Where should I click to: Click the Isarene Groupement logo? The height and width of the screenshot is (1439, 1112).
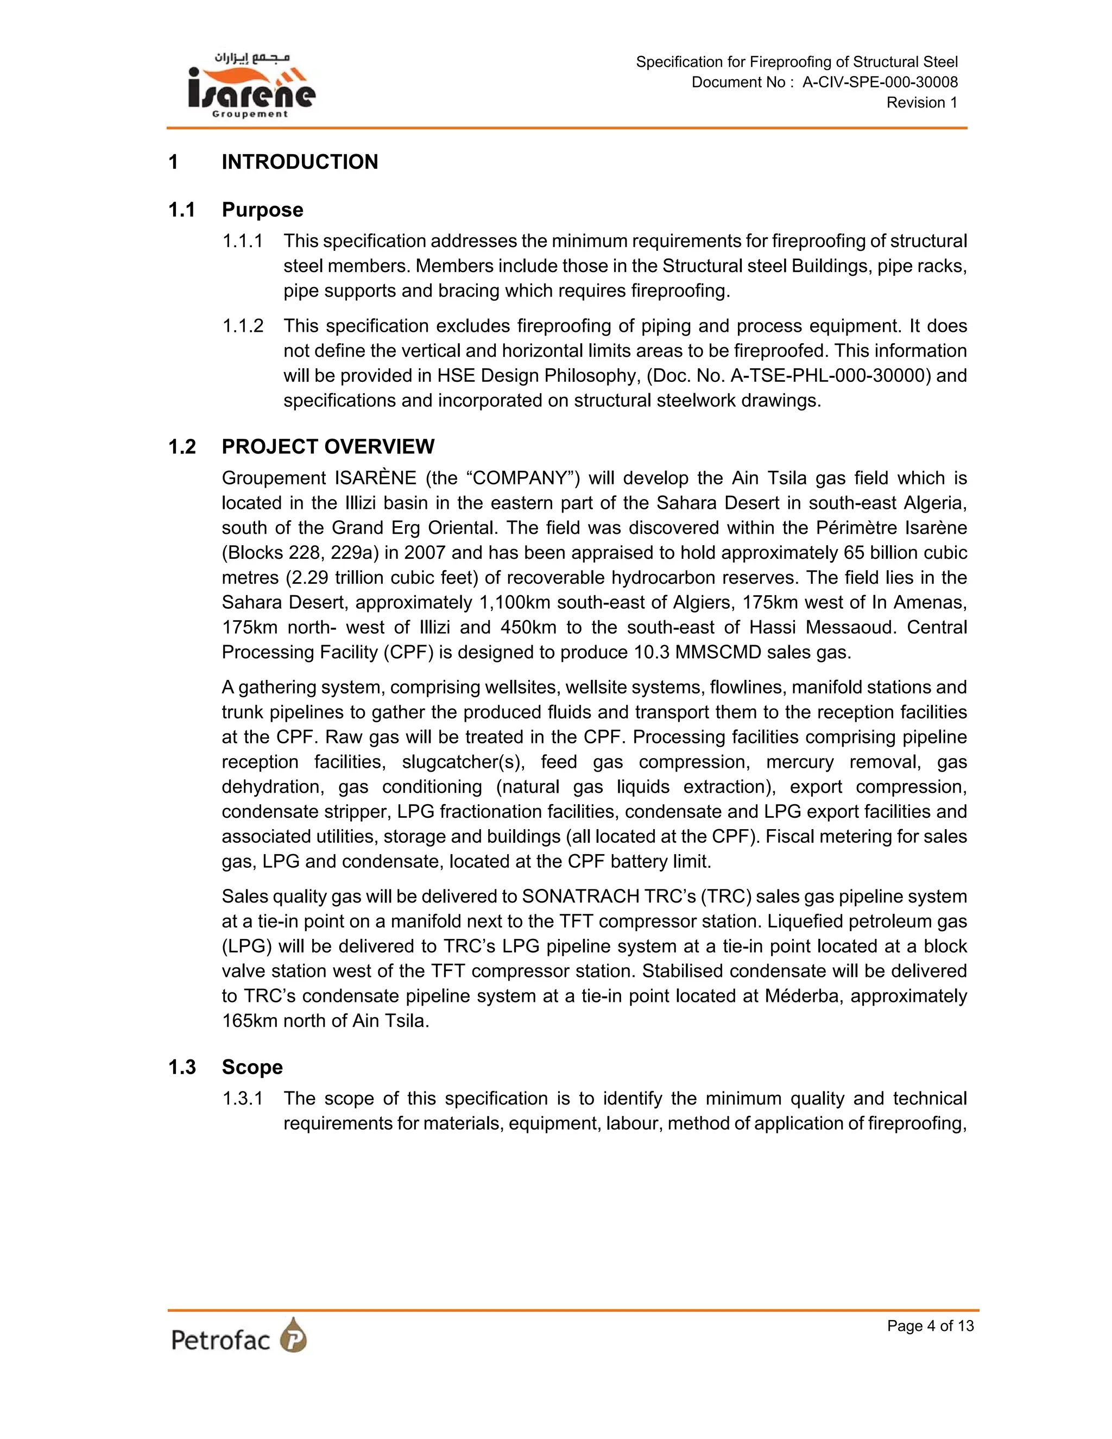[x=251, y=86]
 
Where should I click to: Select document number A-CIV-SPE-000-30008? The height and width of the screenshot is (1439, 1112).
[x=880, y=83]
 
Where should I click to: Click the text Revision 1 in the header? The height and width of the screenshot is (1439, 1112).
[x=921, y=103]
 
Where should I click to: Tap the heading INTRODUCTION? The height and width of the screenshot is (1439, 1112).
[x=300, y=162]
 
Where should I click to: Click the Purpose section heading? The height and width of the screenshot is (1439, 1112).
[x=262, y=210]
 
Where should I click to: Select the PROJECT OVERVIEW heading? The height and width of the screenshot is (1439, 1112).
[x=327, y=447]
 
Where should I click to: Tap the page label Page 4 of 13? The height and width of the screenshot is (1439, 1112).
[x=930, y=1326]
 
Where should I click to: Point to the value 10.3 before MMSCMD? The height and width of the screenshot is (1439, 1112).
[x=651, y=652]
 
